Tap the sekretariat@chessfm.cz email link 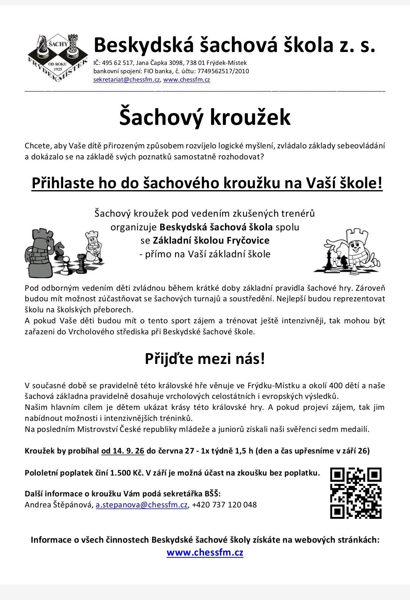pos(126,80)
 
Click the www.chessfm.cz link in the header pos(186,80)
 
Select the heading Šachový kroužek pos(205,117)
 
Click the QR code pos(356,493)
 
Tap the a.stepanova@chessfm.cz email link pos(142,505)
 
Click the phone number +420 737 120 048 pos(224,505)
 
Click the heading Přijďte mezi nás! pos(205,359)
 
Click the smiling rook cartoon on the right pos(353,250)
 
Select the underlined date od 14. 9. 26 pos(123,451)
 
